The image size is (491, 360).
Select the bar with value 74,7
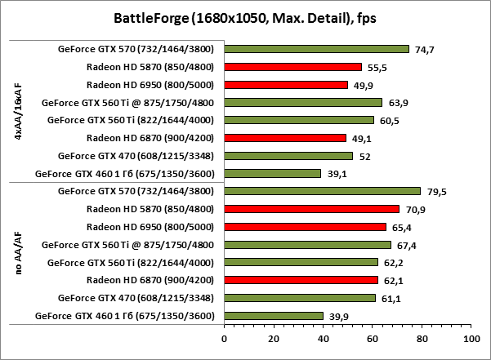[315, 49]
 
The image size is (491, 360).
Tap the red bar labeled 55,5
[292, 67]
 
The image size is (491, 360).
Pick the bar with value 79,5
[322, 191]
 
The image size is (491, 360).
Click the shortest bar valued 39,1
[271, 173]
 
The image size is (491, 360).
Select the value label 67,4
[405, 245]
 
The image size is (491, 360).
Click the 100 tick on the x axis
[471, 336]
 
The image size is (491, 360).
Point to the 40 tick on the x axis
[322, 336]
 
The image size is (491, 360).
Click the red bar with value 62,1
[300, 280]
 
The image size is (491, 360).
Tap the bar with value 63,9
[302, 102]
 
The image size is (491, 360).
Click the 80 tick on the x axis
[421, 336]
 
